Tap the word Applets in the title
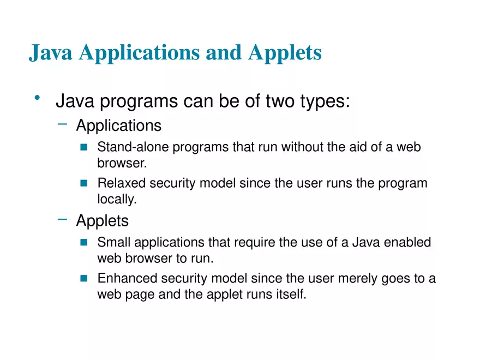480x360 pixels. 284,53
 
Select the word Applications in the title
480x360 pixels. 141,53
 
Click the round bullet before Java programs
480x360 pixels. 37,99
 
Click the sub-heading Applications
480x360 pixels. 118,125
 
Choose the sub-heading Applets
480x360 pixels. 102,221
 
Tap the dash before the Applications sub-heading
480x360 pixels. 63,124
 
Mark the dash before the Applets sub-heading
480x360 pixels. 63,219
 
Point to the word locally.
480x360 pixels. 116,200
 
